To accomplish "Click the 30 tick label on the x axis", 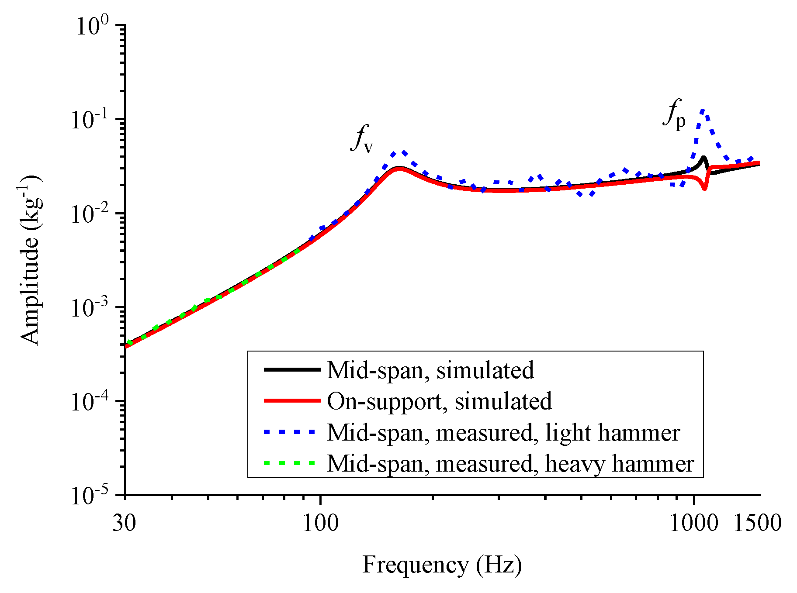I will [x=125, y=523].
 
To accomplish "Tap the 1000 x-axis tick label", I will [x=693, y=523].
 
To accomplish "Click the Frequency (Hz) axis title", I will [x=442, y=565].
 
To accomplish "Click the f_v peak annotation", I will [x=362, y=139].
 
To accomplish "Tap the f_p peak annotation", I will [x=674, y=114].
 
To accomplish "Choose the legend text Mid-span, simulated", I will [x=430, y=370].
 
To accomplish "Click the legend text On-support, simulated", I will [x=439, y=401].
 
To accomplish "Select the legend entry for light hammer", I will [x=503, y=432].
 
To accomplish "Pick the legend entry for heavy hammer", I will [x=510, y=463].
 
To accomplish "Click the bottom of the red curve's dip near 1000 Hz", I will [x=704, y=188].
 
